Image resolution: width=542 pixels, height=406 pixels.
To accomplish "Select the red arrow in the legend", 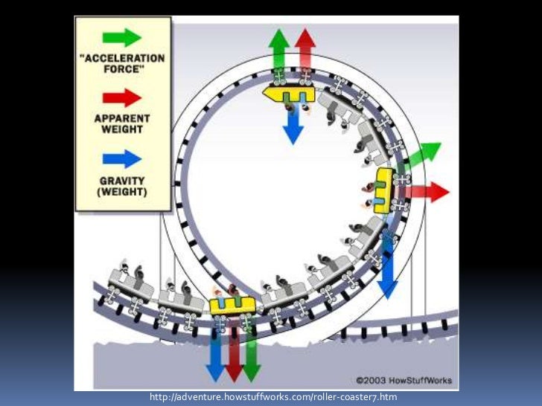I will tap(123, 97).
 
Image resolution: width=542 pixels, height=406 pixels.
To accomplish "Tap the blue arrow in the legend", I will tap(123, 158).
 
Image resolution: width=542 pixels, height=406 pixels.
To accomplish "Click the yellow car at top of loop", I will tap(289, 93).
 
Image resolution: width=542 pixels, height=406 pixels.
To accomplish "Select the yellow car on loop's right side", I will tap(383, 190).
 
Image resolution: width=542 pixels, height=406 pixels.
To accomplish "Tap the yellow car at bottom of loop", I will tap(232, 305).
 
